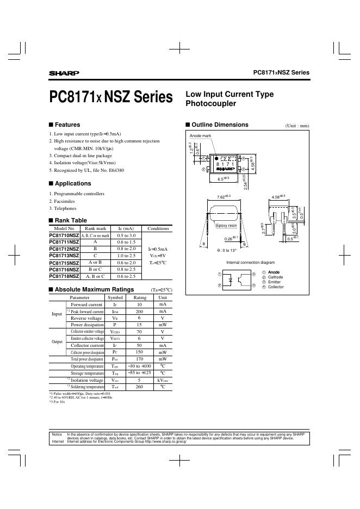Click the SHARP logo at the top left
point(64,73)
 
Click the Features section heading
point(67,125)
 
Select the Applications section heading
point(73,183)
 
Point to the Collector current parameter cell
point(87,345)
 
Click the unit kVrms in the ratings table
point(162,380)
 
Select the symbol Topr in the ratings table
point(115,366)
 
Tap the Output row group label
point(57,342)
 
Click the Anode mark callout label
point(200,134)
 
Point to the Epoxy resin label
point(227,225)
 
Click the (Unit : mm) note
point(297,126)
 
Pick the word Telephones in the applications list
point(64,208)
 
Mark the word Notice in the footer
point(57,434)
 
